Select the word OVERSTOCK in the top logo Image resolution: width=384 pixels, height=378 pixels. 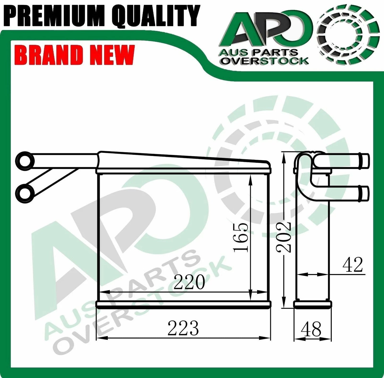coord(265,61)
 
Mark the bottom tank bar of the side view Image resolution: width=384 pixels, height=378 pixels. coord(313,304)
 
